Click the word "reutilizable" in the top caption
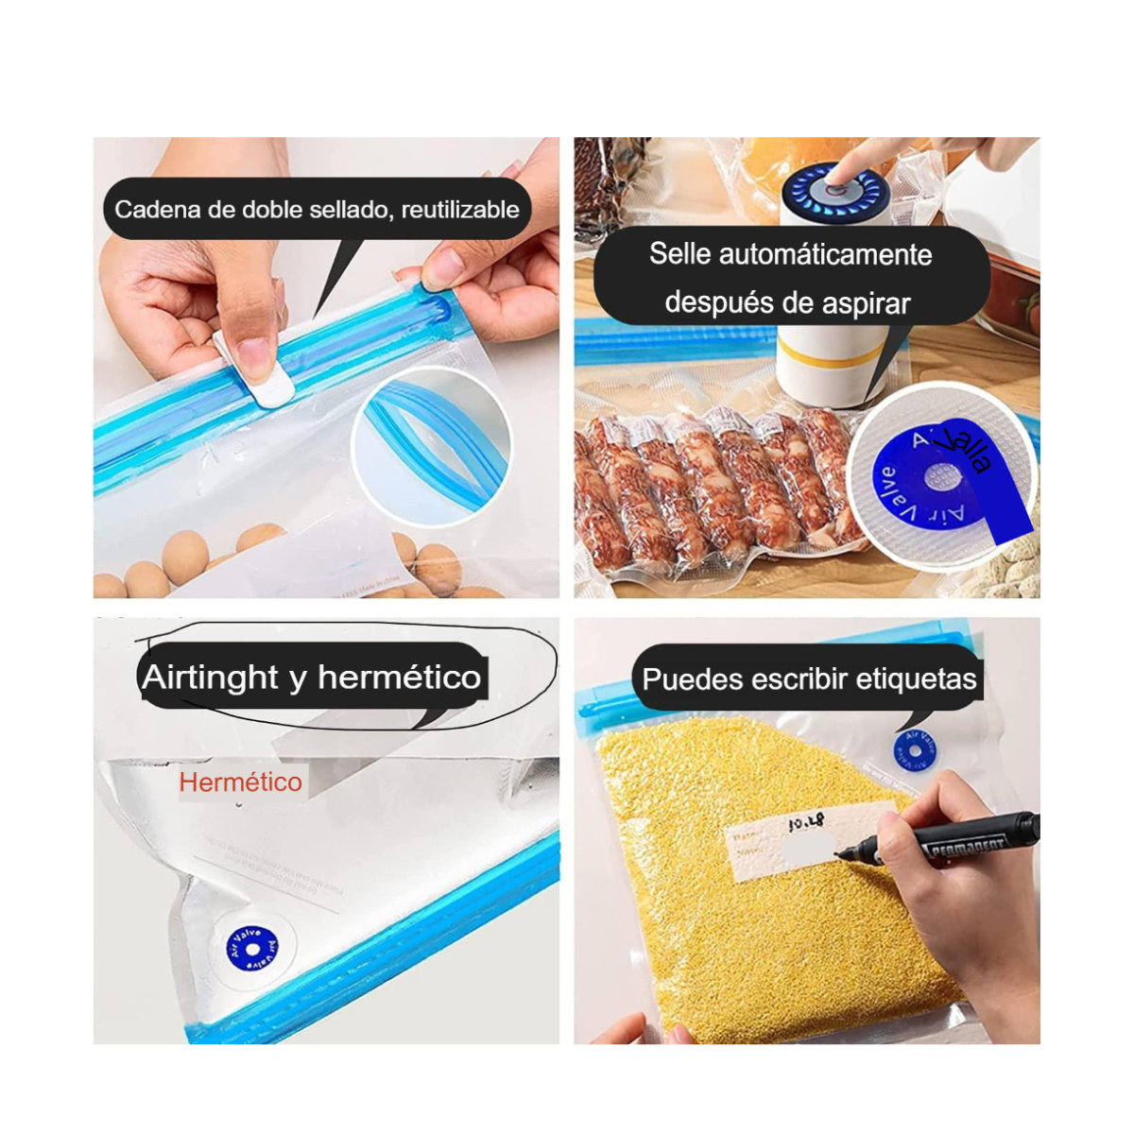coord(459,209)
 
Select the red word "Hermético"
coord(240,782)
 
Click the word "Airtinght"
coord(210,677)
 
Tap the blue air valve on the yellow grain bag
coord(914,750)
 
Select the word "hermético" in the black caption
coord(399,677)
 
